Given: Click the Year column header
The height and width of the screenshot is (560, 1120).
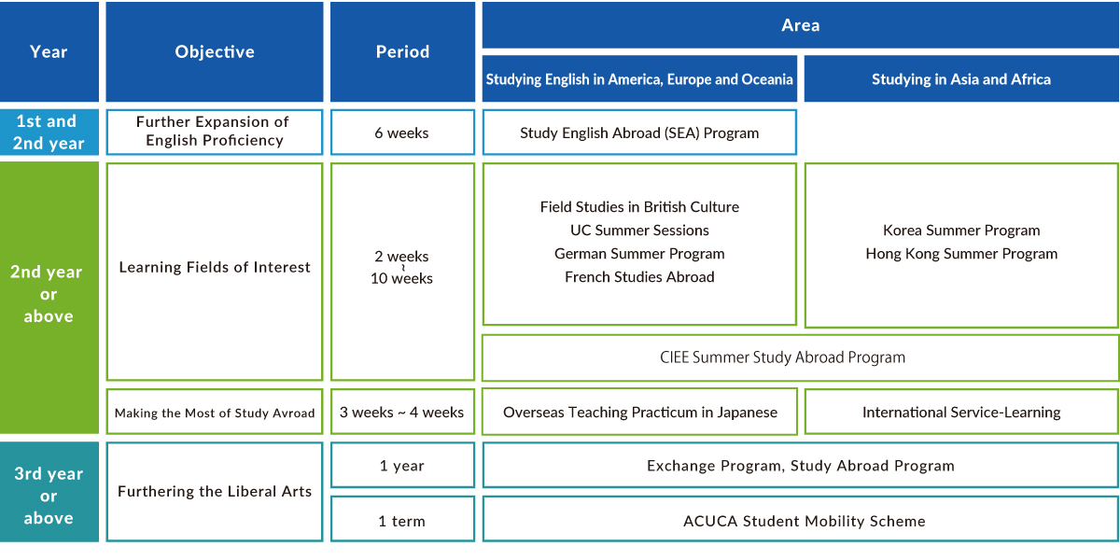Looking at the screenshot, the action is point(49,51).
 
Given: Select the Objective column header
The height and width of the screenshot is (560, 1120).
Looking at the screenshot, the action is point(215,51).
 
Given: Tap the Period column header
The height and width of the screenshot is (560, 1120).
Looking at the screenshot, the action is point(402,51).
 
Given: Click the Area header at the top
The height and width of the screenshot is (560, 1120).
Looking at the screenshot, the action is point(801,25).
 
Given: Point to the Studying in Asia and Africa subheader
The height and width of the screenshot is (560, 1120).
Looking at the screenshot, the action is point(961,79).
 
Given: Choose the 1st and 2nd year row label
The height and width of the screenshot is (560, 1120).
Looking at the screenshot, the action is point(49,132).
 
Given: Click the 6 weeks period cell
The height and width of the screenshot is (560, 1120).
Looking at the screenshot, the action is point(402,133).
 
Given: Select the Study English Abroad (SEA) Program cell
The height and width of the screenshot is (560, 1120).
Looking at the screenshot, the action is point(639,133).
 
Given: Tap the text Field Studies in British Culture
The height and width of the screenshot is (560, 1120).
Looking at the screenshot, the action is point(639,207).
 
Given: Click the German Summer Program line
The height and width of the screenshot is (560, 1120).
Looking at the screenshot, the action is point(639,254).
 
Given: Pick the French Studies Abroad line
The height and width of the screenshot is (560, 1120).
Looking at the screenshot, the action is point(639,277).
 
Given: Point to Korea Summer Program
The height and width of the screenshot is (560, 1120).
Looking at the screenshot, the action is point(961,231).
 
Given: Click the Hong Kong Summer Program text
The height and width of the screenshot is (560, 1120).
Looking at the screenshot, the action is point(961,254).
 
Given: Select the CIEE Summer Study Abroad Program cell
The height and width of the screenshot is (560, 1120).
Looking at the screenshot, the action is point(801,357).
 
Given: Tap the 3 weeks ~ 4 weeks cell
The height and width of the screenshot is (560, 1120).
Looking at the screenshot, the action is point(402,412).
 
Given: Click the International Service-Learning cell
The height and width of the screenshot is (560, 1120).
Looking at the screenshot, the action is point(961,412).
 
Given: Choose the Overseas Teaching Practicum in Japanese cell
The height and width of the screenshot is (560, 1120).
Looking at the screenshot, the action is point(639,412).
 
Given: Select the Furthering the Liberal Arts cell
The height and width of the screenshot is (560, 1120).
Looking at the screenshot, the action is point(215,492).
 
